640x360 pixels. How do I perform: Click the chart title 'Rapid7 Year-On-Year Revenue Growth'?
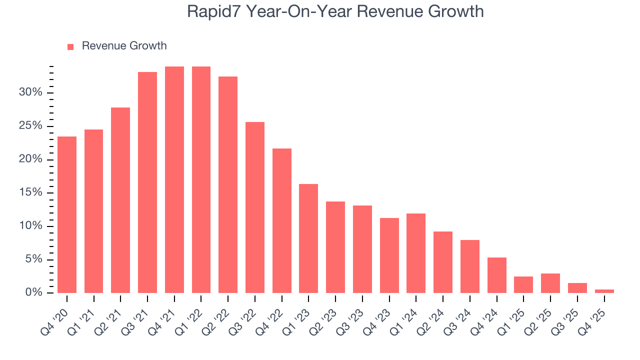click(335, 11)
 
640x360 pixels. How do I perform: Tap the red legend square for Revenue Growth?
click(70, 46)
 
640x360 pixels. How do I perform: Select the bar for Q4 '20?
click(67, 214)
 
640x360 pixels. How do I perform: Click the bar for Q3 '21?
click(147, 182)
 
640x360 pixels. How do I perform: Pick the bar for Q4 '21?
click(174, 179)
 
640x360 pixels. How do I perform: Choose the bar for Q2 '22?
click(228, 184)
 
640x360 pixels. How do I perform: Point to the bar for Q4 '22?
click(282, 220)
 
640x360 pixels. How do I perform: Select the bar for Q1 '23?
click(308, 238)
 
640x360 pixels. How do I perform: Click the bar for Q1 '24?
click(416, 253)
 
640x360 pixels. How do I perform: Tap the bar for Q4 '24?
click(496, 275)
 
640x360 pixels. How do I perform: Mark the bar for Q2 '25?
click(550, 283)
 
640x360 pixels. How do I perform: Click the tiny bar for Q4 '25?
click(604, 291)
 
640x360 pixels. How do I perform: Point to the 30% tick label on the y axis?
click(30, 92)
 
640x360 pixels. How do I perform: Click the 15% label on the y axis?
click(30, 193)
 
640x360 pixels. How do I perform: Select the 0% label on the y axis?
click(33, 292)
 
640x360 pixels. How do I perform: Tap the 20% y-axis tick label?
click(30, 159)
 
